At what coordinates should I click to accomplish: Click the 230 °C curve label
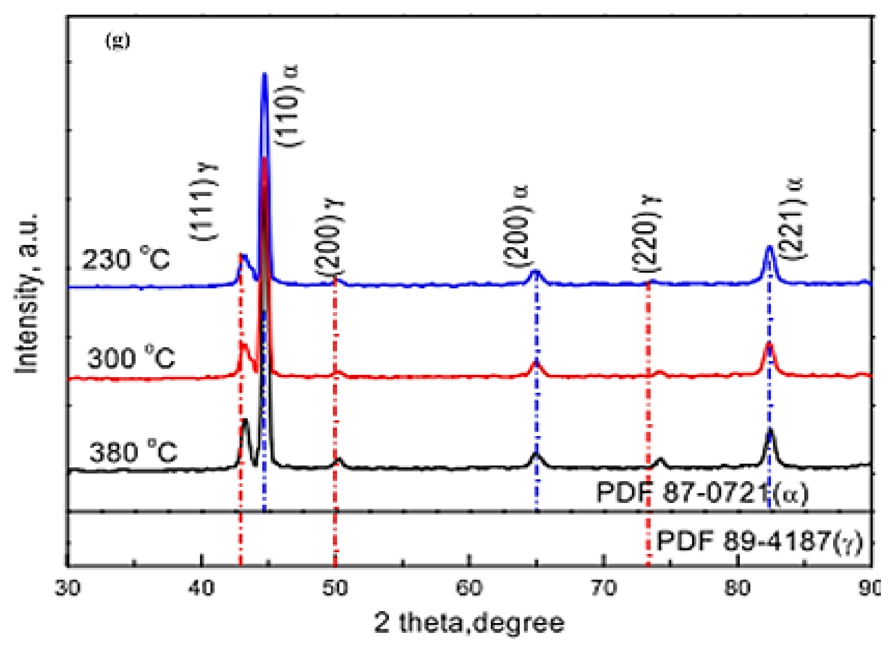tap(126, 260)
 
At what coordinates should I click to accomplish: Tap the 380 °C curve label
tap(133, 452)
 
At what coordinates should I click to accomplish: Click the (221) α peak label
tap(793, 219)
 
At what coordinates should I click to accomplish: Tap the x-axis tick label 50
tap(335, 588)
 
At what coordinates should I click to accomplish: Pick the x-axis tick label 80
tap(737, 588)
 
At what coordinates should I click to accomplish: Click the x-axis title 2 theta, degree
tap(469, 623)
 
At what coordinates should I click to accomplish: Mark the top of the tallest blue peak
tap(265, 74)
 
